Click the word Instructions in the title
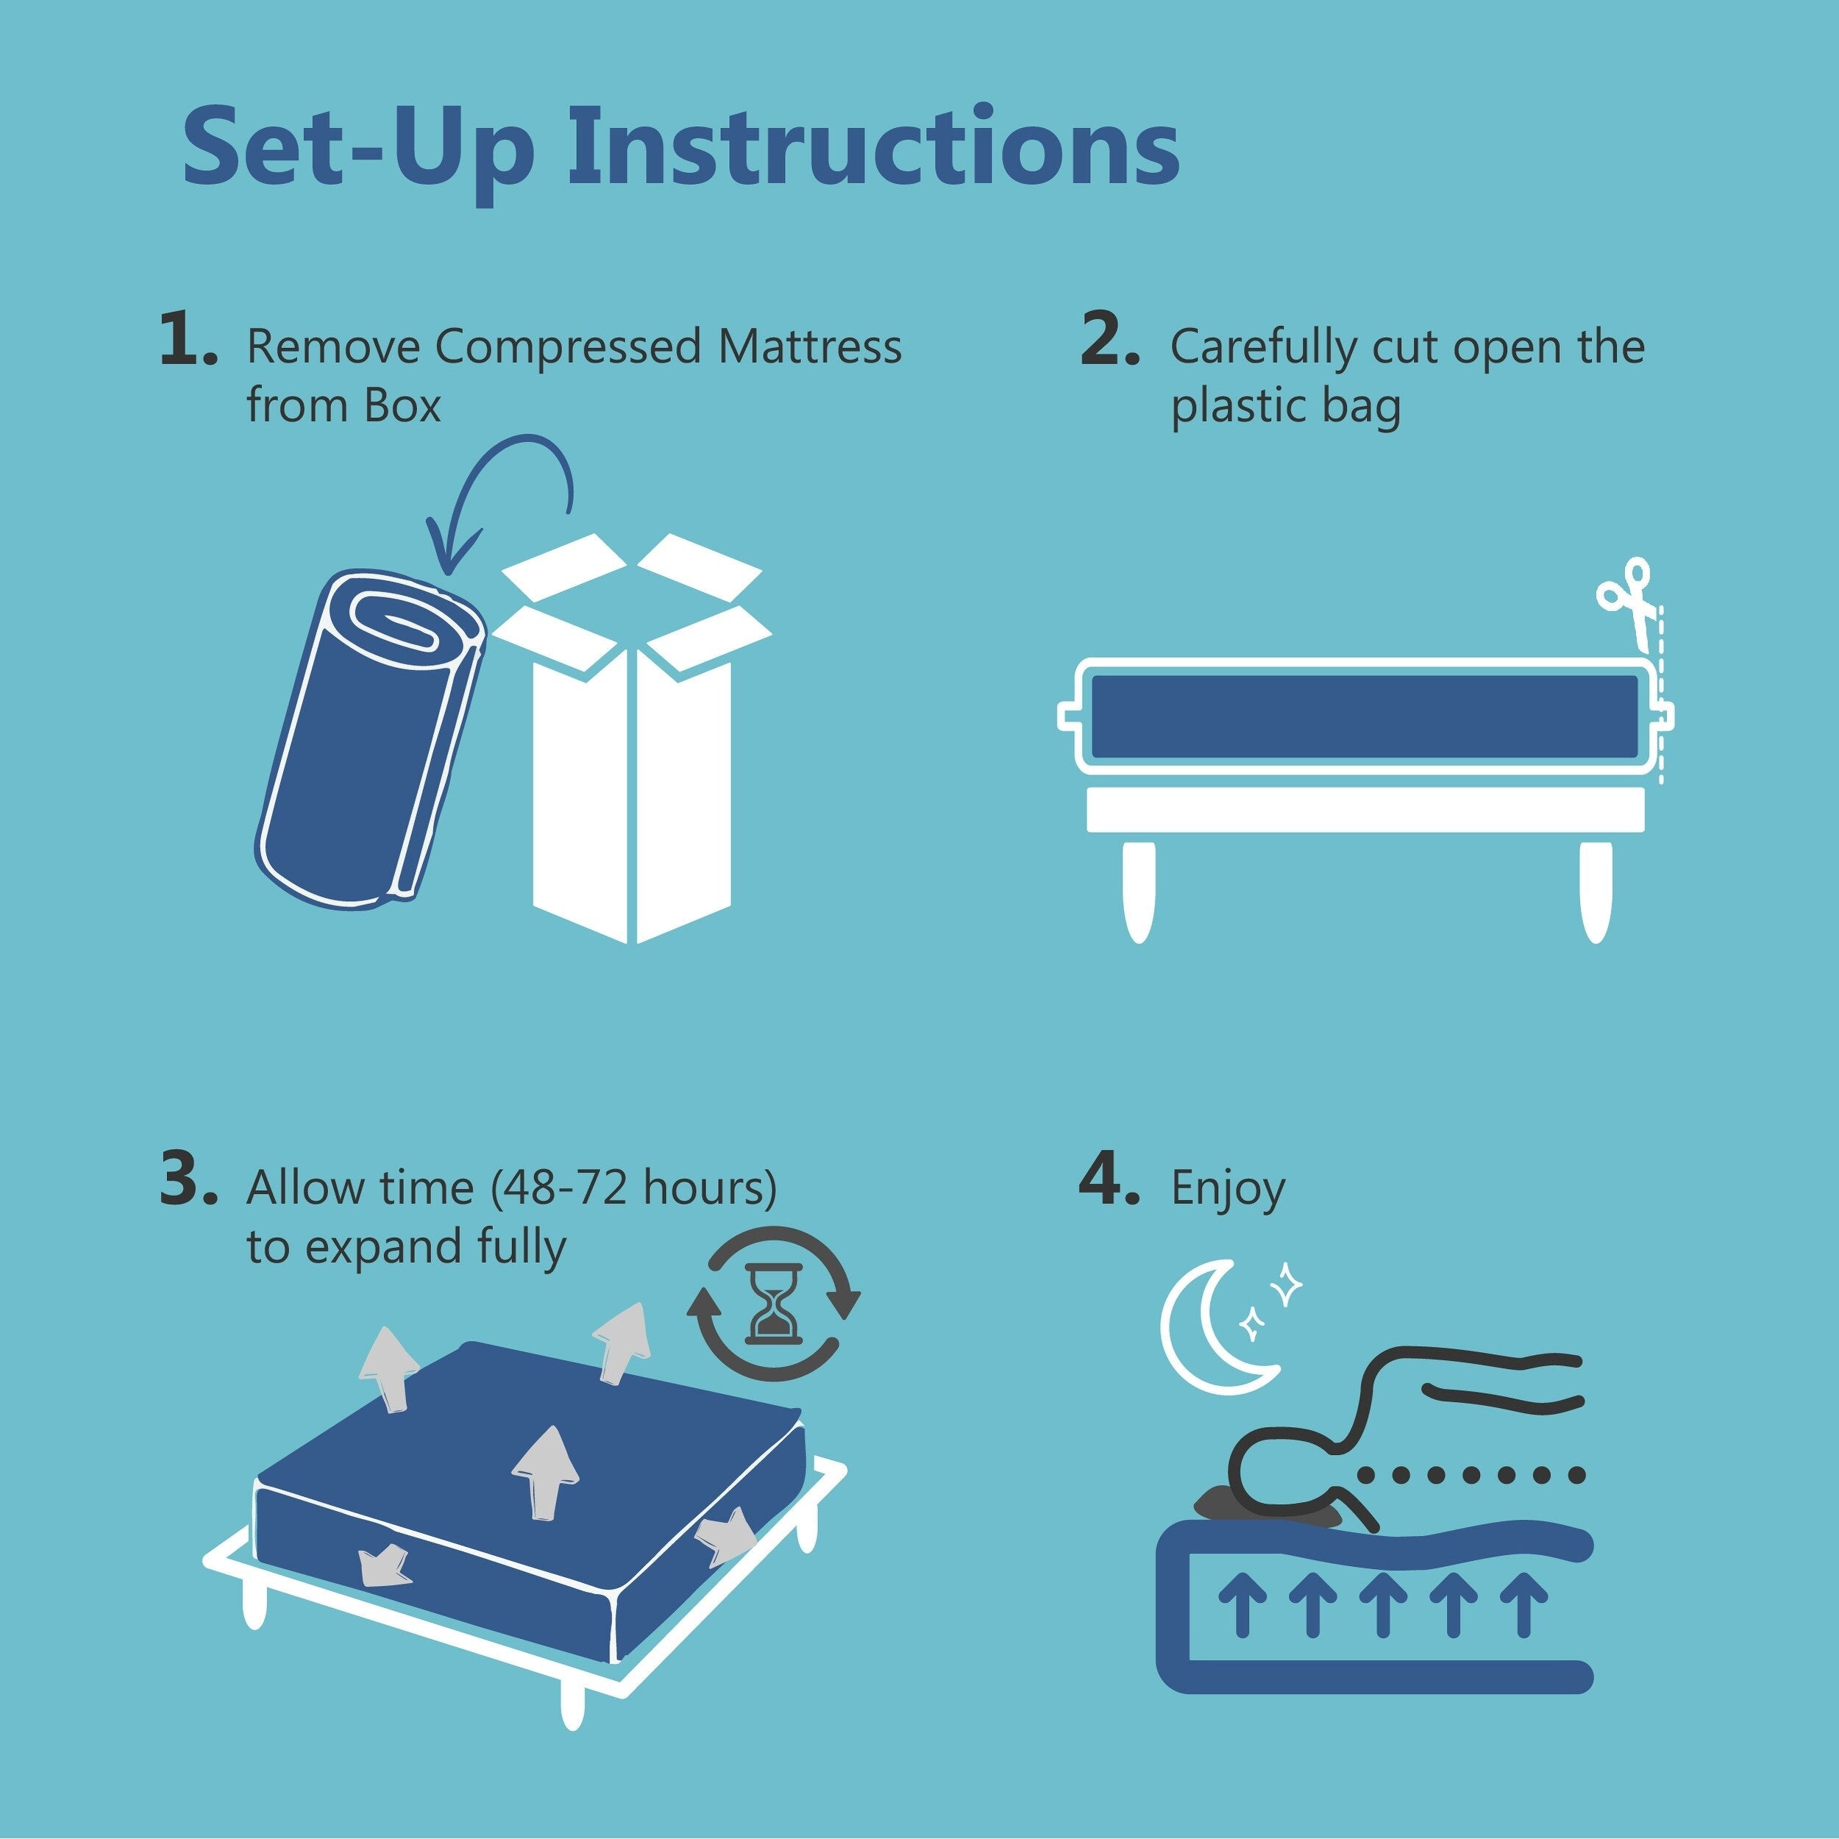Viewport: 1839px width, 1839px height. [873, 148]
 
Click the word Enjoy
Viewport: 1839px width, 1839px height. [1227, 1189]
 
